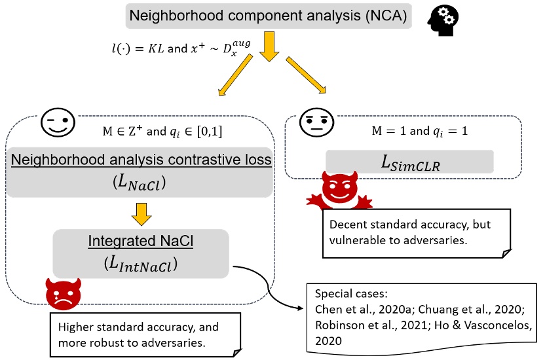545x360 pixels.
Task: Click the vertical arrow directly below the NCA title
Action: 269,48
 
